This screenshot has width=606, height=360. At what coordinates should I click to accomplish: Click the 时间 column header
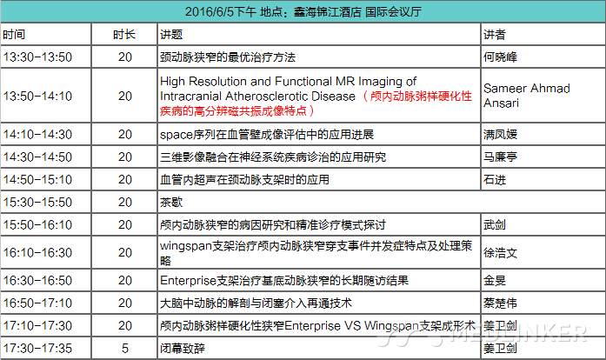pos(14,35)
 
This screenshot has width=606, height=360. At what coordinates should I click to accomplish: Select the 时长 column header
pos(124,35)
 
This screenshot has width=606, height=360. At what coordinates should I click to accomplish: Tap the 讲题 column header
pos(171,35)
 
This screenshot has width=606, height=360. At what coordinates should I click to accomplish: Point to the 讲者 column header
pos(495,35)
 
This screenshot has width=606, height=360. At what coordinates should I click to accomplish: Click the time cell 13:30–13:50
pos(37,57)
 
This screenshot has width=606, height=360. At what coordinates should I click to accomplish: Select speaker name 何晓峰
pos(500,57)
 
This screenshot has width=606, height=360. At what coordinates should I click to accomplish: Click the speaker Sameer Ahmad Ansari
pos(526,96)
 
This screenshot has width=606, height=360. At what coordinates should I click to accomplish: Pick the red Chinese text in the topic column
pos(316,103)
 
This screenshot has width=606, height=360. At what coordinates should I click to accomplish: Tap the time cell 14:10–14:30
pos(37,134)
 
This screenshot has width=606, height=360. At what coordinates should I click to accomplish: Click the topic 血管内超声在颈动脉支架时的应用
pos(244,180)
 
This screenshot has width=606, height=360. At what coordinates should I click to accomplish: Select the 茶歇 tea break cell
pos(171,203)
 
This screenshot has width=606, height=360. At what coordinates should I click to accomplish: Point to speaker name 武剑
pos(495,225)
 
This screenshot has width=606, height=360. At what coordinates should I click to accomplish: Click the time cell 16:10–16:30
pos(37,252)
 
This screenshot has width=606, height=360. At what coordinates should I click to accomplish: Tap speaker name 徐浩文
pos(500,253)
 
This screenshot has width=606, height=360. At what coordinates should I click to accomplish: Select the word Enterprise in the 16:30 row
pos(188,280)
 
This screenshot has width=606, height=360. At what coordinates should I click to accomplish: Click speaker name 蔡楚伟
pos(500,303)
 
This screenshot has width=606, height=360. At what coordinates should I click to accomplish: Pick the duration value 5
pos(125,349)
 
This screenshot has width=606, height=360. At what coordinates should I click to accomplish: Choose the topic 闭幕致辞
pos(183,349)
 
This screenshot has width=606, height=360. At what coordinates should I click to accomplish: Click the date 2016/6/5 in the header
pos(209,11)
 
